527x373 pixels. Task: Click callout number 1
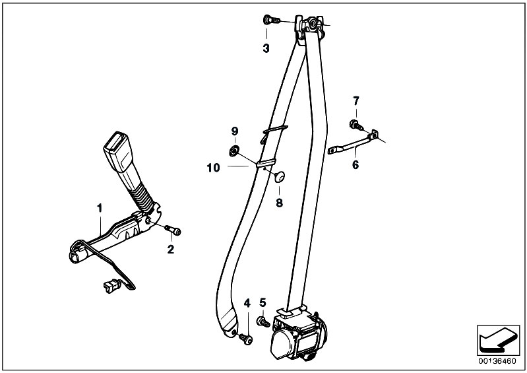(x=100, y=208)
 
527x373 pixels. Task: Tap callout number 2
(x=171, y=250)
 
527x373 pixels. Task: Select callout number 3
(x=266, y=49)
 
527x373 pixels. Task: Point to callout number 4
(x=247, y=303)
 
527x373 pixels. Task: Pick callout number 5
(x=263, y=303)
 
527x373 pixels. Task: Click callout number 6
(x=356, y=165)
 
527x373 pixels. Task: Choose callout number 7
(x=356, y=100)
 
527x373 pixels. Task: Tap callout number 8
(x=280, y=203)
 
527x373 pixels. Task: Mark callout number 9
(x=235, y=131)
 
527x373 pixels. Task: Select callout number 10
(x=214, y=168)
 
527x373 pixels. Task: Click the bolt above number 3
(x=272, y=20)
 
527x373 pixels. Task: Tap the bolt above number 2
(x=173, y=230)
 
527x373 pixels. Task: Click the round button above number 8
(x=280, y=176)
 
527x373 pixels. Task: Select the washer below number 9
(x=234, y=151)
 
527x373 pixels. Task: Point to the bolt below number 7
(x=356, y=125)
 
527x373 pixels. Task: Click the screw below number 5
(x=263, y=322)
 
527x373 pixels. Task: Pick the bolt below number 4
(x=246, y=339)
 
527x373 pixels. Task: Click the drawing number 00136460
(x=497, y=361)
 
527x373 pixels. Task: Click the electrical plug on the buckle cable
(x=112, y=287)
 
